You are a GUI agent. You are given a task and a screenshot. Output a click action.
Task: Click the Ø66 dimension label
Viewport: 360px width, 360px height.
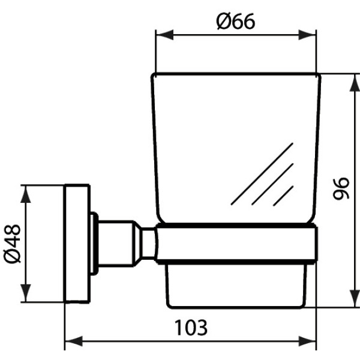point(236,22)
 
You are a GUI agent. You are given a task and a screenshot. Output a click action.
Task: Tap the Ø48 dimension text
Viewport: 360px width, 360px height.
point(12,244)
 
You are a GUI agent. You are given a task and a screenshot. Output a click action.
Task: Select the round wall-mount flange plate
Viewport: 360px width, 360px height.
point(77,244)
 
